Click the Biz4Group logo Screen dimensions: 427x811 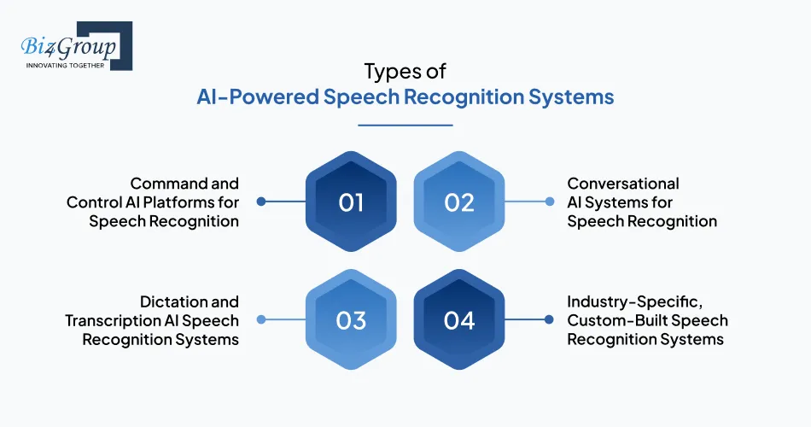coord(71,44)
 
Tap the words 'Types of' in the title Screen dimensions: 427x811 coord(405,70)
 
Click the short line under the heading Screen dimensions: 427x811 coord(405,125)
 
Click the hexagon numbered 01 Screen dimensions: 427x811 coord(351,202)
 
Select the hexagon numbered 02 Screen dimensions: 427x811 coord(459,202)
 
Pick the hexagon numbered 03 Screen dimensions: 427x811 coord(351,320)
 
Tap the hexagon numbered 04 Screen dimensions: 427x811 coord(459,320)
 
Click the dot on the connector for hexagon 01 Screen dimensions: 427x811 coord(261,202)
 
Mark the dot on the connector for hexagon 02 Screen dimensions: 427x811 coord(549,202)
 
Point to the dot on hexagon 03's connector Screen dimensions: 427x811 coord(261,320)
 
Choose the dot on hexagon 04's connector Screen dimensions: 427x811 coord(549,320)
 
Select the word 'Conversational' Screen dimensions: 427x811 coord(623,184)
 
